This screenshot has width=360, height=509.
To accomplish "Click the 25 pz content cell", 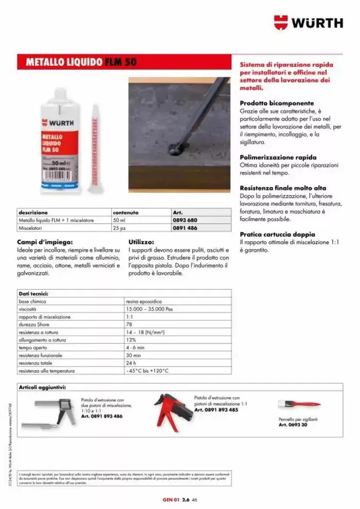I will point(119,228).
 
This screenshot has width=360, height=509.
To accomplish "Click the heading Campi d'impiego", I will point(45,241).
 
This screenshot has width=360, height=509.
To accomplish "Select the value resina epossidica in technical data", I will point(144,301).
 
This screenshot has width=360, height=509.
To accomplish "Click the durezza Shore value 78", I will point(129,325).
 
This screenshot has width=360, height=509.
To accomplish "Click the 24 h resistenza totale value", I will point(130,363).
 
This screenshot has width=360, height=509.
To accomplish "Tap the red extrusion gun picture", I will point(173,411).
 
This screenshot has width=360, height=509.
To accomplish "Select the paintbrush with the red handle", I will point(300,404).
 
